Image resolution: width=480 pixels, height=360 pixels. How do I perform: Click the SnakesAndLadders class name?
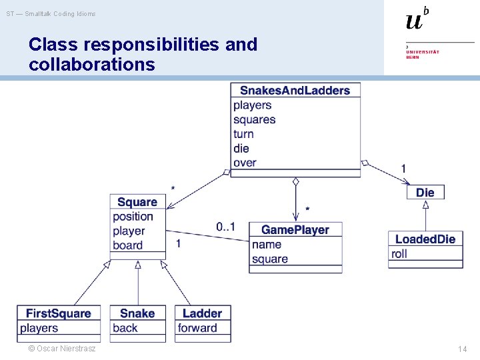tap(295, 91)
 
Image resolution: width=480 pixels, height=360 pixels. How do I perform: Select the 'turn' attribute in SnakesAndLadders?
tap(243, 134)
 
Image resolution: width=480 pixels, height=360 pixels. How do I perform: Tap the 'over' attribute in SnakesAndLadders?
tap(245, 163)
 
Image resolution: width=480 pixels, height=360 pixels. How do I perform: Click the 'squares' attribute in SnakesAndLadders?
tap(254, 120)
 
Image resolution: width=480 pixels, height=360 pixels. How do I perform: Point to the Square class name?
tap(137, 202)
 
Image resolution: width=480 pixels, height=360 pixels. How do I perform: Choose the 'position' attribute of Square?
tap(133, 217)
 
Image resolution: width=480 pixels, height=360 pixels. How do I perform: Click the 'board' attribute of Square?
tap(127, 245)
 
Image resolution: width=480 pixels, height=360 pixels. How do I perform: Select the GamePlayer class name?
tap(295, 230)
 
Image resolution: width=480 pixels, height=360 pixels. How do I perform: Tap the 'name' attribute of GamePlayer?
tap(267, 245)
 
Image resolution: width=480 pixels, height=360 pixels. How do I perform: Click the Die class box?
tap(425, 193)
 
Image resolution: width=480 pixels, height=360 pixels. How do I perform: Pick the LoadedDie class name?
tap(425, 239)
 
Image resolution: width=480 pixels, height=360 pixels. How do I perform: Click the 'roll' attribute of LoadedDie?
tap(399, 254)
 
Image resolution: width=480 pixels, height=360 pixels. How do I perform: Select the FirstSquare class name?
tap(58, 313)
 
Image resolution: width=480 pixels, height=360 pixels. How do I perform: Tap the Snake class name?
tap(137, 313)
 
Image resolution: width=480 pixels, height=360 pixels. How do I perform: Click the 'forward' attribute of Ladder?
tap(197, 328)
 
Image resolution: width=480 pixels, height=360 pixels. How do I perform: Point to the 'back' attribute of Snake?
tap(125, 328)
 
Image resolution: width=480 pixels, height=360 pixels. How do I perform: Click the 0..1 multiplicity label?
tap(225, 227)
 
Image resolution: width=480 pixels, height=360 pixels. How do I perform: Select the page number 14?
tap(463, 349)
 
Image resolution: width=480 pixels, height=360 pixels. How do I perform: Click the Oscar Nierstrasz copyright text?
tap(61, 349)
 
